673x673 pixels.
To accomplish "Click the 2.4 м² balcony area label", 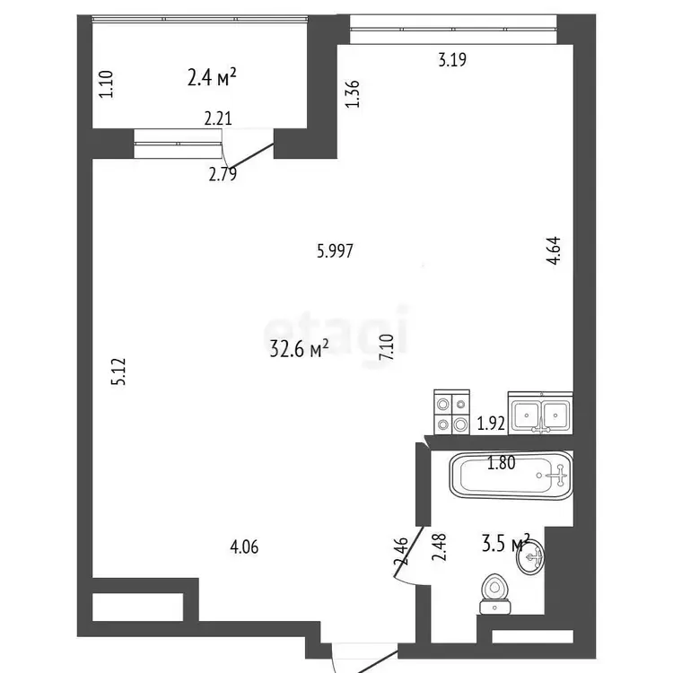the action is tap(212, 78).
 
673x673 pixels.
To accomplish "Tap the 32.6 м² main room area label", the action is tap(299, 348).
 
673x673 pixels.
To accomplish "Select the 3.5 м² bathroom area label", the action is tap(506, 543).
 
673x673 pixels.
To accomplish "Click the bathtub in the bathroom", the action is tap(511, 475).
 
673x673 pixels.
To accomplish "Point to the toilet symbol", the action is tap(495, 594).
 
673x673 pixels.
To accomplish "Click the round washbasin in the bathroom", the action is tap(530, 556).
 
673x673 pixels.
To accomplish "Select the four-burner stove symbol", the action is tap(452, 412).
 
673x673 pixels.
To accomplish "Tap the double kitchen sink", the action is tap(540, 413).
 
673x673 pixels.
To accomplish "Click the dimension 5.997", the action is tap(335, 250).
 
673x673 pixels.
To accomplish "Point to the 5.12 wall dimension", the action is tap(118, 371).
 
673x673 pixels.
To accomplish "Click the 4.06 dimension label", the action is tap(244, 547).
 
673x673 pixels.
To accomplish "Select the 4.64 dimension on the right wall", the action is tap(554, 250).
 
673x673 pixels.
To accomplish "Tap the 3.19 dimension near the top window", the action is tap(452, 59).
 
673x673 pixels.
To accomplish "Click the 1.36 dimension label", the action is tap(353, 94).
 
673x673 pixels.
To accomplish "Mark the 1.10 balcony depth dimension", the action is tap(106, 84).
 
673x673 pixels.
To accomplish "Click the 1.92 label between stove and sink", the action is tap(491, 424).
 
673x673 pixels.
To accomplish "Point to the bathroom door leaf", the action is tap(409, 552).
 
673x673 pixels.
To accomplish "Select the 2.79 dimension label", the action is tap(223, 174).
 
